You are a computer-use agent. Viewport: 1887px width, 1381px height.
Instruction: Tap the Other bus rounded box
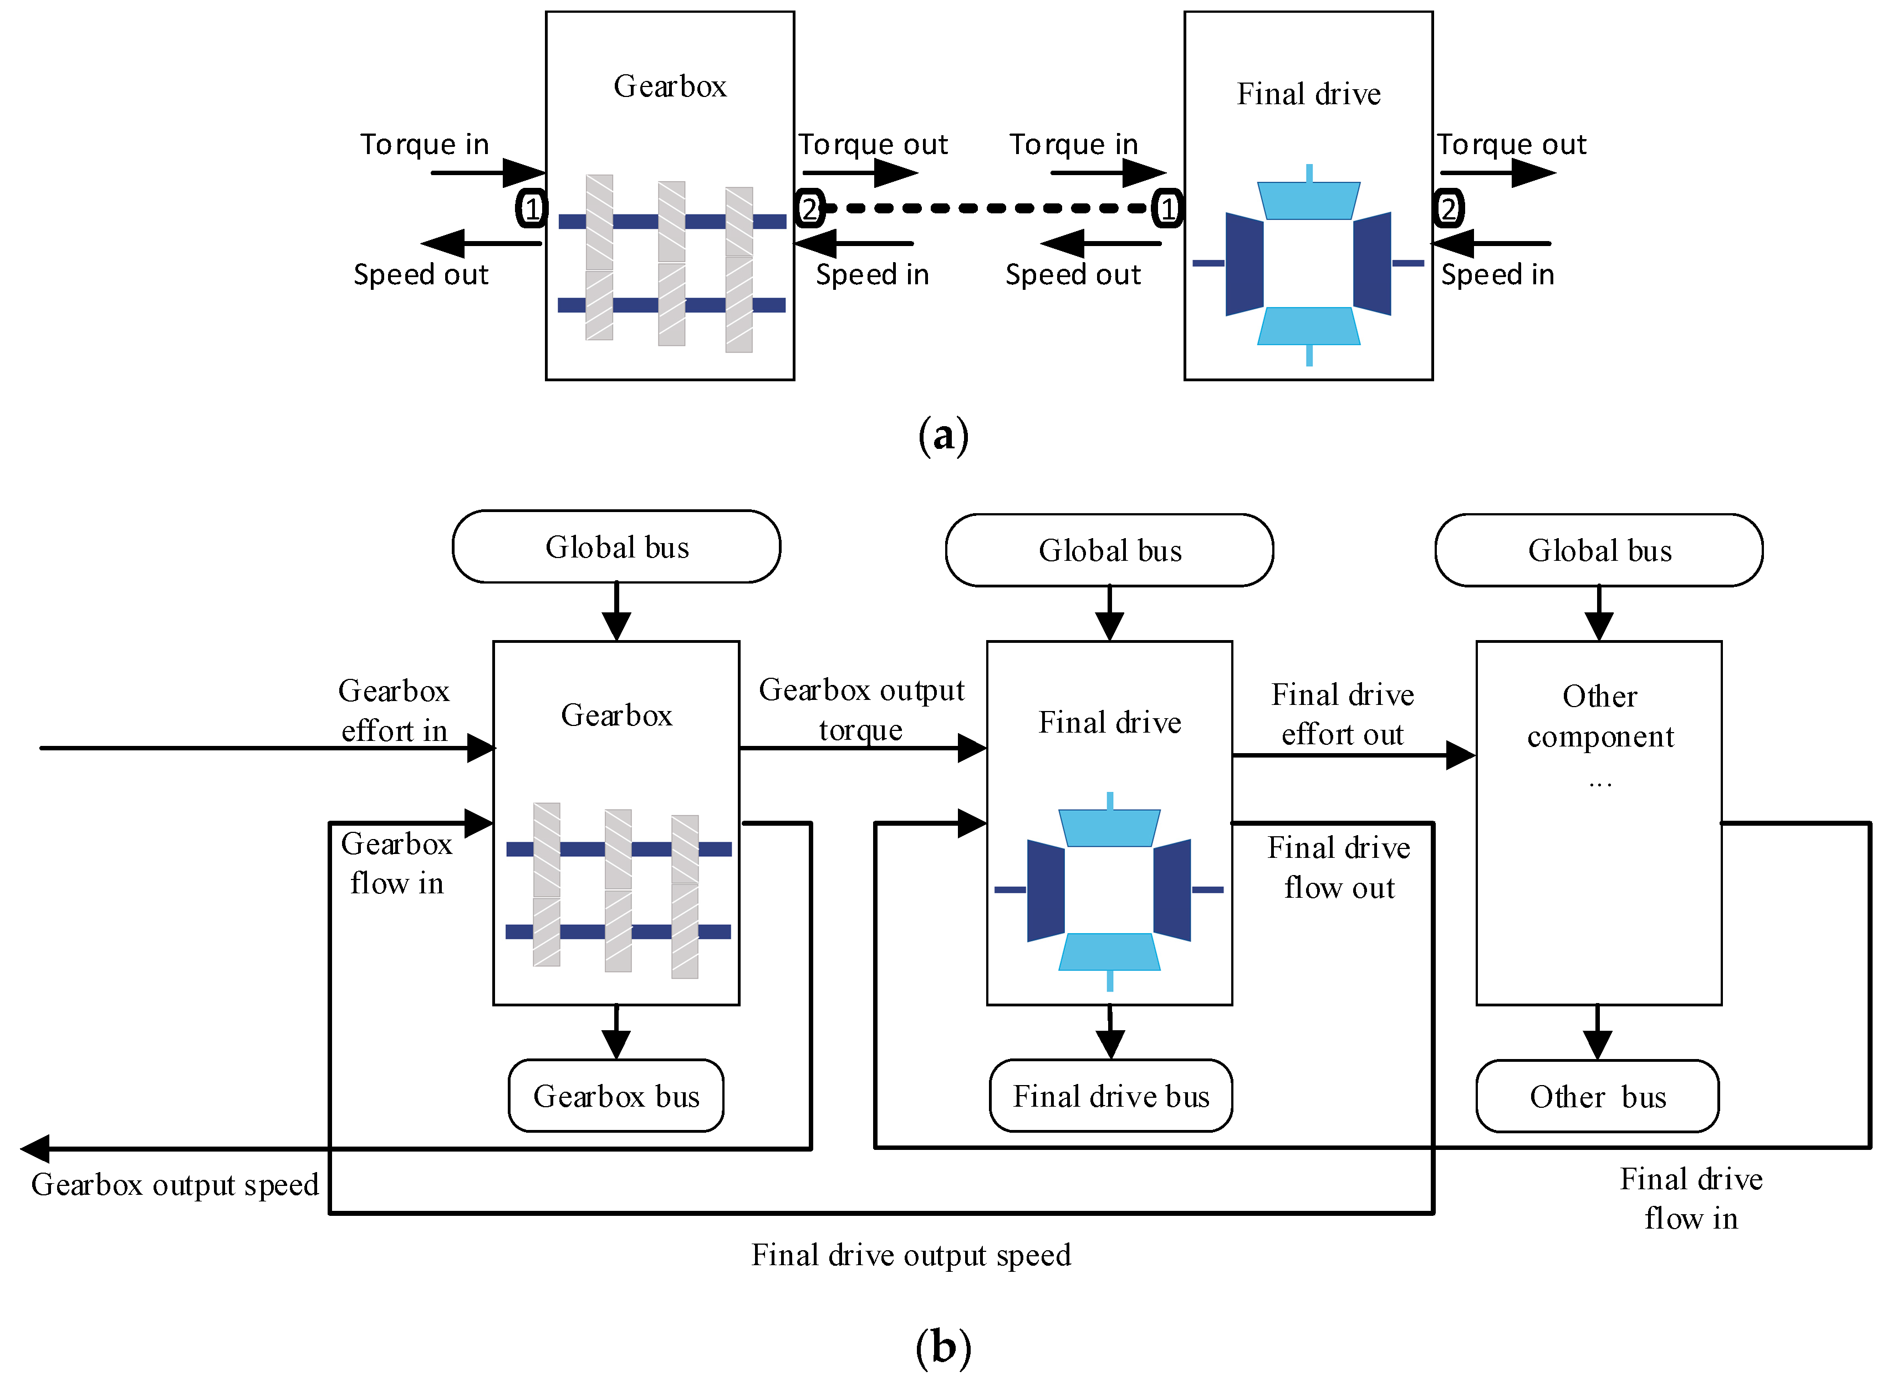[x=1597, y=1096]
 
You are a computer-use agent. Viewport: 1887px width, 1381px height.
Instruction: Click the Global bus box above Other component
[x=1599, y=550]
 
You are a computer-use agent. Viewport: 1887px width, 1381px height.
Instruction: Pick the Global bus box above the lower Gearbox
[x=616, y=547]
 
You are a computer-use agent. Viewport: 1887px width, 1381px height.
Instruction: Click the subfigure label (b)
[x=943, y=1346]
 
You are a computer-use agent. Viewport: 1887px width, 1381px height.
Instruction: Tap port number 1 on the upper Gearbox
[x=532, y=208]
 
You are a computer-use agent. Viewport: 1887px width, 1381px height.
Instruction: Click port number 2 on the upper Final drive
[x=1448, y=208]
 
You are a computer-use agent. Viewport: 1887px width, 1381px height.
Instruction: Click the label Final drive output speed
[x=910, y=1255]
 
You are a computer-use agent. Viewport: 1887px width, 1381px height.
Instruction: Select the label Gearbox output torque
[x=861, y=709]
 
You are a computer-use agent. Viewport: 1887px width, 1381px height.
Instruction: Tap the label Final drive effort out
[x=1342, y=714]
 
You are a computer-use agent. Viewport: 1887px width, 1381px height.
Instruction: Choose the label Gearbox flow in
[x=396, y=863]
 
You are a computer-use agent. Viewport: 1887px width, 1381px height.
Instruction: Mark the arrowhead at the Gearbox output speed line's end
[x=35, y=1149]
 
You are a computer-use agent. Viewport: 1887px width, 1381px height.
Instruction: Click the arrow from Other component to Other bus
[x=1597, y=1033]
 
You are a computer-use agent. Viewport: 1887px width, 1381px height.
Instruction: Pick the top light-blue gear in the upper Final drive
[x=1308, y=201]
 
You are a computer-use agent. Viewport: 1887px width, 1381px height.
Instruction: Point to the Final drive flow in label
[x=1691, y=1198]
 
